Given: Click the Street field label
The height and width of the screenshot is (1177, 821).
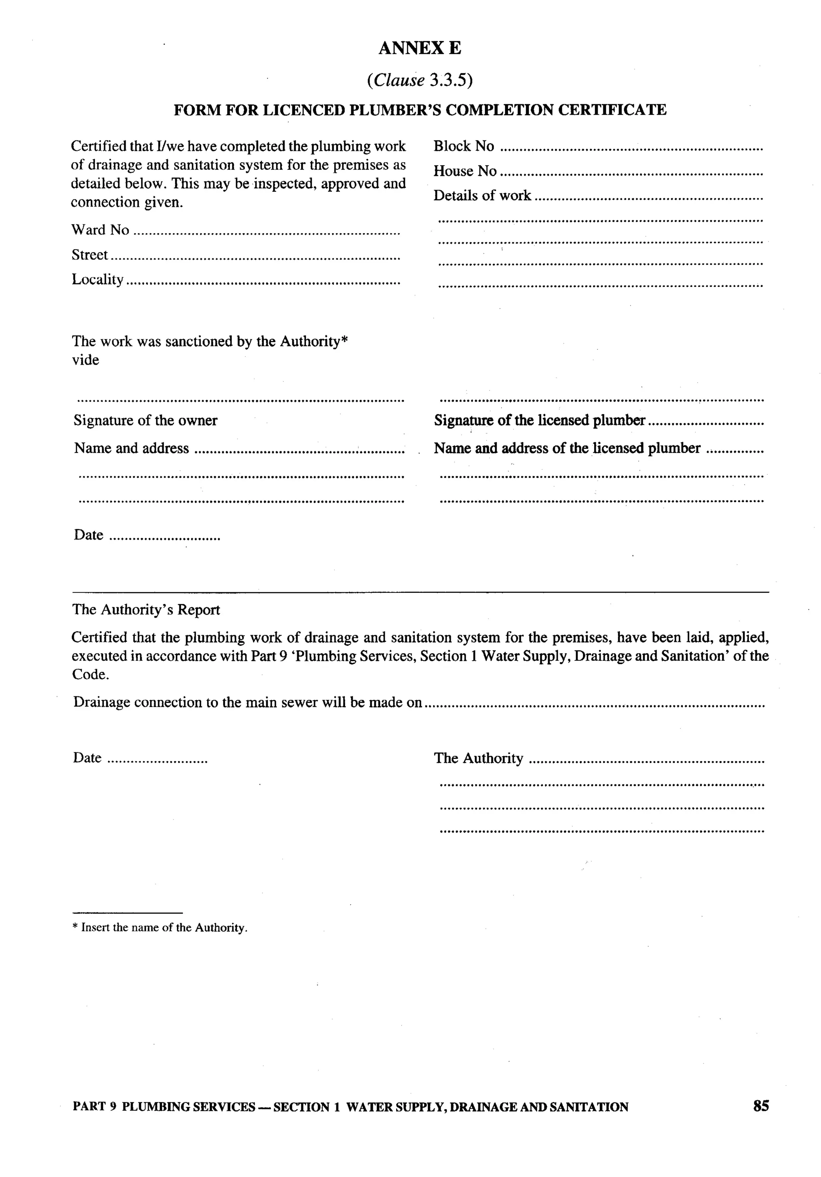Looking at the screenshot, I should [x=90, y=255].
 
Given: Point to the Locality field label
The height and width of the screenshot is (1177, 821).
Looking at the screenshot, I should [x=97, y=279].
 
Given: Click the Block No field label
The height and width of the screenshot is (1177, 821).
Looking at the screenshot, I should [x=463, y=146].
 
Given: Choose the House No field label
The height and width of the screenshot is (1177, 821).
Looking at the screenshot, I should [x=465, y=171].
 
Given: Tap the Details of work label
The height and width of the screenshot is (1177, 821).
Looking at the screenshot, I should [x=482, y=196].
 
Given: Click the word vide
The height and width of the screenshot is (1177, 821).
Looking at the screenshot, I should [x=85, y=360].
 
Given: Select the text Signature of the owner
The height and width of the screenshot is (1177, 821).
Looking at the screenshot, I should [x=146, y=421].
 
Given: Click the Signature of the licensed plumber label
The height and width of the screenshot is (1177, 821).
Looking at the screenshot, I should [x=539, y=421].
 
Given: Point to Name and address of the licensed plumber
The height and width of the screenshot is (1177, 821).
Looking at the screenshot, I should [x=567, y=448].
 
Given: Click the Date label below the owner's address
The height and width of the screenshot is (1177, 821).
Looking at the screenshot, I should [x=89, y=535].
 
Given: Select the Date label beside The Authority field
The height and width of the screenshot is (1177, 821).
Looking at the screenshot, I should [x=87, y=758].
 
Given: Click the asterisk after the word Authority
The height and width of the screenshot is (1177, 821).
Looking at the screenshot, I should [x=344, y=340].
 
